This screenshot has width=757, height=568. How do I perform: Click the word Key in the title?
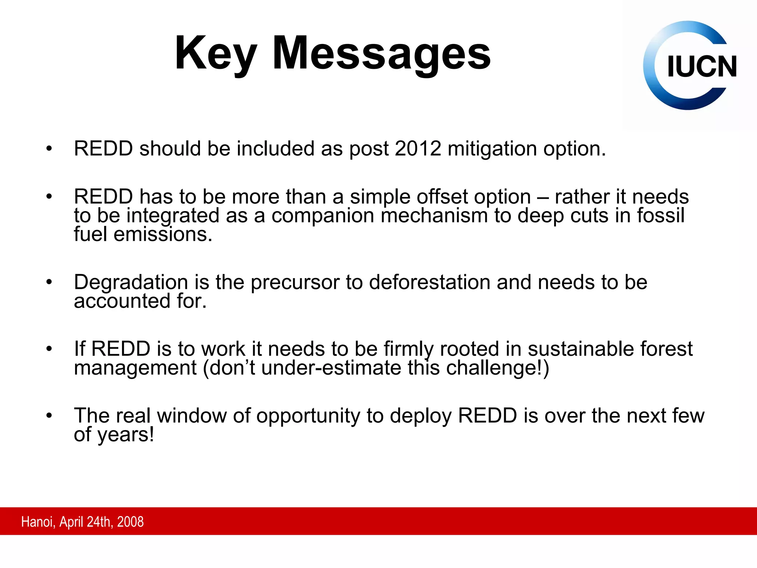[215, 54]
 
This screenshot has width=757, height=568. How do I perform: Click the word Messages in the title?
[381, 54]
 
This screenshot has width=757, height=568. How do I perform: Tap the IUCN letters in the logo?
[702, 67]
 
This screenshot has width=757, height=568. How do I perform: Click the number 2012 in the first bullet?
[418, 149]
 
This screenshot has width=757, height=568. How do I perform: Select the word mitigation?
[492, 149]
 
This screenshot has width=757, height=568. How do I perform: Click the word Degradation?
[131, 283]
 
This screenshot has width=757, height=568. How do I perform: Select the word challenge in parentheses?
[493, 368]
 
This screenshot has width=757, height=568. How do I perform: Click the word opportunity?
[308, 416]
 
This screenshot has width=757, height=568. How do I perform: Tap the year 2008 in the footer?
[130, 522]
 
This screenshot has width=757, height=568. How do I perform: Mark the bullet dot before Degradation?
[49, 283]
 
